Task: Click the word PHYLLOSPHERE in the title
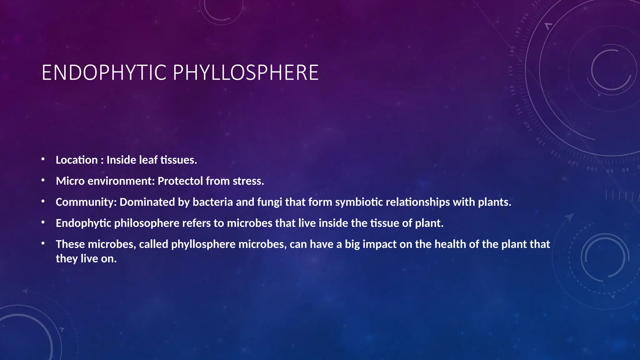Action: click(x=246, y=72)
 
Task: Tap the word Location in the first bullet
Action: click(x=77, y=160)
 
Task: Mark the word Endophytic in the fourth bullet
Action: click(x=83, y=223)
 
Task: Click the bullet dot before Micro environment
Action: click(x=43, y=180)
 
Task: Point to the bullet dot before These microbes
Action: click(x=43, y=243)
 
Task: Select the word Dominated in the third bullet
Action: click(x=147, y=202)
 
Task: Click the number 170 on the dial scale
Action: click(x=511, y=71)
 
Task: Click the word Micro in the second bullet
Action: click(x=70, y=181)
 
